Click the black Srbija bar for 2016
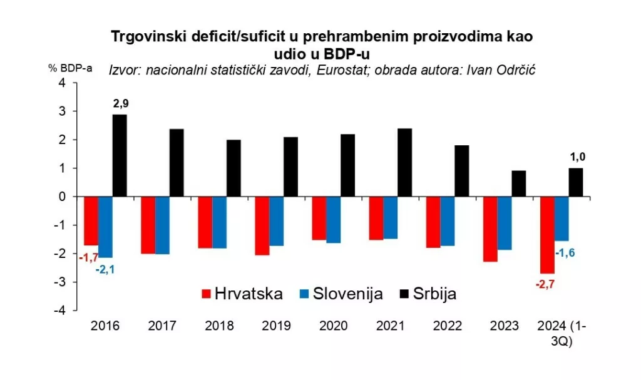pos(120,155)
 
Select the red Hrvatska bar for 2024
pos(547,235)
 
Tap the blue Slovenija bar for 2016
pos(105,227)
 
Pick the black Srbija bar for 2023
pos(518,183)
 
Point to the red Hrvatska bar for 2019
pos(262,225)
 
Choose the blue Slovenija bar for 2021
pos(389,217)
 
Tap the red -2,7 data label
pos(546,285)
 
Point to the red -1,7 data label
pos(89,256)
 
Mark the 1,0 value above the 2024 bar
pos(576,157)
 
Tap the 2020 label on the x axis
pos(333,326)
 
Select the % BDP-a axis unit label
pos(71,68)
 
